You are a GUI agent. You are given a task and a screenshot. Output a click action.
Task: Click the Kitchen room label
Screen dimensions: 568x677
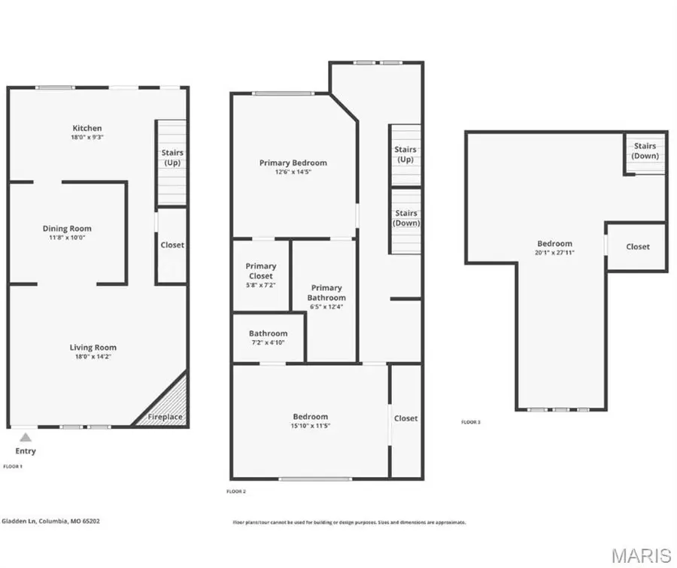87,129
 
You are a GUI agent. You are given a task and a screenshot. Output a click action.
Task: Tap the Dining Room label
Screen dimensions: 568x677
67,229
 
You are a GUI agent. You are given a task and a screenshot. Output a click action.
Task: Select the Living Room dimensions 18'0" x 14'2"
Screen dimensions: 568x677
93,357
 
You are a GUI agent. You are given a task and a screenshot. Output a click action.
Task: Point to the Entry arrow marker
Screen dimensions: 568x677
26,437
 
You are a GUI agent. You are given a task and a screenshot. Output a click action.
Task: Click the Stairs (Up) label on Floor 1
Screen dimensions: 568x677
172,158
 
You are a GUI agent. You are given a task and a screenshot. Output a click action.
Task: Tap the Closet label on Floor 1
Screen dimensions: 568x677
172,245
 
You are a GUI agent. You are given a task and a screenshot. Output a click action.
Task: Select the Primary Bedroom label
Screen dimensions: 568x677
293,163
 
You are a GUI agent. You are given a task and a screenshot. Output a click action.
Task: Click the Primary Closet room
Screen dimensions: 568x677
261,275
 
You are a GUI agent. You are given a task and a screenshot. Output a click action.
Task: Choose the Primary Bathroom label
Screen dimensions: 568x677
326,293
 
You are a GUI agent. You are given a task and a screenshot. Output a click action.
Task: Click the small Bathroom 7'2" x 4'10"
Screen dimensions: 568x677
269,338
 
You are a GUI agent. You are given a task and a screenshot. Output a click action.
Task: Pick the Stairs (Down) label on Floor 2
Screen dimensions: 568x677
406,218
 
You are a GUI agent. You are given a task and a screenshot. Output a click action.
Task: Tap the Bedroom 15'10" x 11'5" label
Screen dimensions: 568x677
311,421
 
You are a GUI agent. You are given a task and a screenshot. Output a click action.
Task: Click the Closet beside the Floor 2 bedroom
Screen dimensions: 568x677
406,418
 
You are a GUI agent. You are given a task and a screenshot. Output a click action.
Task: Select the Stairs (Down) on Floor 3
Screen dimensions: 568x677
645,151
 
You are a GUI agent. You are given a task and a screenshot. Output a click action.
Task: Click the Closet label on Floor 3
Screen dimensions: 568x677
638,247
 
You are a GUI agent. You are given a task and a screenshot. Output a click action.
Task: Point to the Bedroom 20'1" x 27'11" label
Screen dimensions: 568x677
554,248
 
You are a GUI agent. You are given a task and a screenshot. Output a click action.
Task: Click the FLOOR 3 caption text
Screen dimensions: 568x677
471,422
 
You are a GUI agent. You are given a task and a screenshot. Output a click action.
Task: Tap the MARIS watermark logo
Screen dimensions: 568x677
641,556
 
